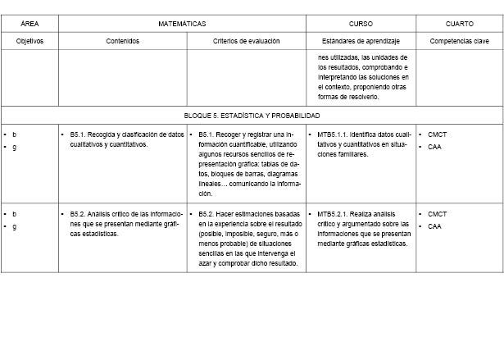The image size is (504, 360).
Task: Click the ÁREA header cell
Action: point(30,25)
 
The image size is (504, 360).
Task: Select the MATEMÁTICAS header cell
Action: point(182,25)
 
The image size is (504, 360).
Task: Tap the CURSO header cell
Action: point(361,25)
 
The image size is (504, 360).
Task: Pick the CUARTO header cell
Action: point(459,25)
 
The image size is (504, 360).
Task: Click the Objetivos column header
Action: point(30,40)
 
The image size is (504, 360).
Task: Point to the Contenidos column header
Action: point(123,40)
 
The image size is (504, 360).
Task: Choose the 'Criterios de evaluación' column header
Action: point(247,40)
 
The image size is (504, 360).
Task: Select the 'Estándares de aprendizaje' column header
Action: point(361,40)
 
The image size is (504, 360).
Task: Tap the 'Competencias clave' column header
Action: point(459,40)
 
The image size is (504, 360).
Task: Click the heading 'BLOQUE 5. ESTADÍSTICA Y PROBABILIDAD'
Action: point(252,116)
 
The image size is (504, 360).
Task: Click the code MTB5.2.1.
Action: point(332,214)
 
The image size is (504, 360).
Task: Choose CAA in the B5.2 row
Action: point(434,226)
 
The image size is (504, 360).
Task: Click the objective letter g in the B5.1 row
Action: point(15,147)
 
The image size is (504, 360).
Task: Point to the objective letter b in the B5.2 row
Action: point(15,214)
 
